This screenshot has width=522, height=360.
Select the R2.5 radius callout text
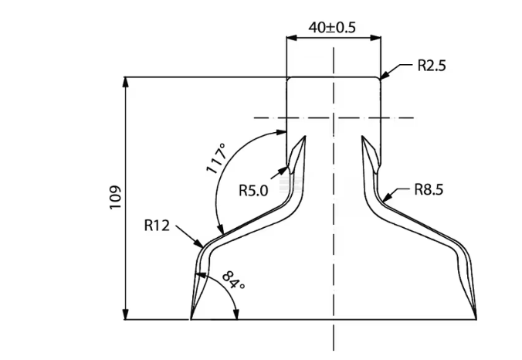431,66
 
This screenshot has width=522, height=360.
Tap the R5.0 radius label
253,189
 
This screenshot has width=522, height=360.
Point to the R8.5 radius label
428,188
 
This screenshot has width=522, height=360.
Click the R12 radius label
158,226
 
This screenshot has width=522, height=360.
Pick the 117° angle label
219,159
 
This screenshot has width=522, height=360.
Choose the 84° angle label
232,281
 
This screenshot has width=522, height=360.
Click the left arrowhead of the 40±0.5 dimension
290,36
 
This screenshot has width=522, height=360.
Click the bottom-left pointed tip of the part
191,318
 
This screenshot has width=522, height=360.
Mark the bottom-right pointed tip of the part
476,318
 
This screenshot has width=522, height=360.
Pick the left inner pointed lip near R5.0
306,136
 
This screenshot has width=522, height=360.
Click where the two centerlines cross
334,118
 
